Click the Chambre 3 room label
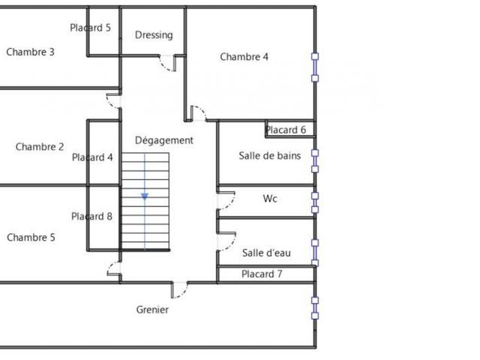pyautogui.click(x=30, y=52)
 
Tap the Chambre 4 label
pyautogui.click(x=244, y=56)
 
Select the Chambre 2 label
pyautogui.click(x=40, y=147)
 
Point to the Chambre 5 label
pyautogui.click(x=31, y=237)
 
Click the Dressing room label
pyautogui.click(x=154, y=34)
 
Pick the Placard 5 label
pyautogui.click(x=90, y=28)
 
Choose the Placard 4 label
pyautogui.click(x=92, y=157)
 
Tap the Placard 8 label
pyautogui.click(x=91, y=217)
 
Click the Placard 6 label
pyautogui.click(x=286, y=130)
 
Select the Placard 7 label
pyautogui.click(x=262, y=274)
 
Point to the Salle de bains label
pyautogui.click(x=269, y=156)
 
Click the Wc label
pyautogui.click(x=270, y=199)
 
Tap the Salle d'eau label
pyautogui.click(x=266, y=253)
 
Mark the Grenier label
pyautogui.click(x=152, y=310)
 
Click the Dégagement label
pyautogui.click(x=164, y=140)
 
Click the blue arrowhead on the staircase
pyautogui.click(x=145, y=196)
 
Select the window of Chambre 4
pyautogui.click(x=316, y=67)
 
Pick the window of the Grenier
pyautogui.click(x=315, y=307)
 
